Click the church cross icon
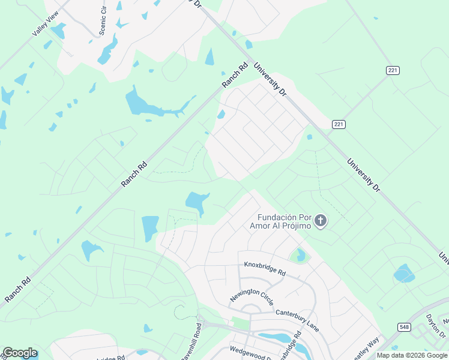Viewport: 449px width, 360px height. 321,221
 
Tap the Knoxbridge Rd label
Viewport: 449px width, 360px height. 265,268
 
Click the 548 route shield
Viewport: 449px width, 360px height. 404,327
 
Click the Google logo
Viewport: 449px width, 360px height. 20,353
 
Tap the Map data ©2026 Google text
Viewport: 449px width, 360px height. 412,355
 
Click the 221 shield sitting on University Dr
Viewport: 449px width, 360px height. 339,124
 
